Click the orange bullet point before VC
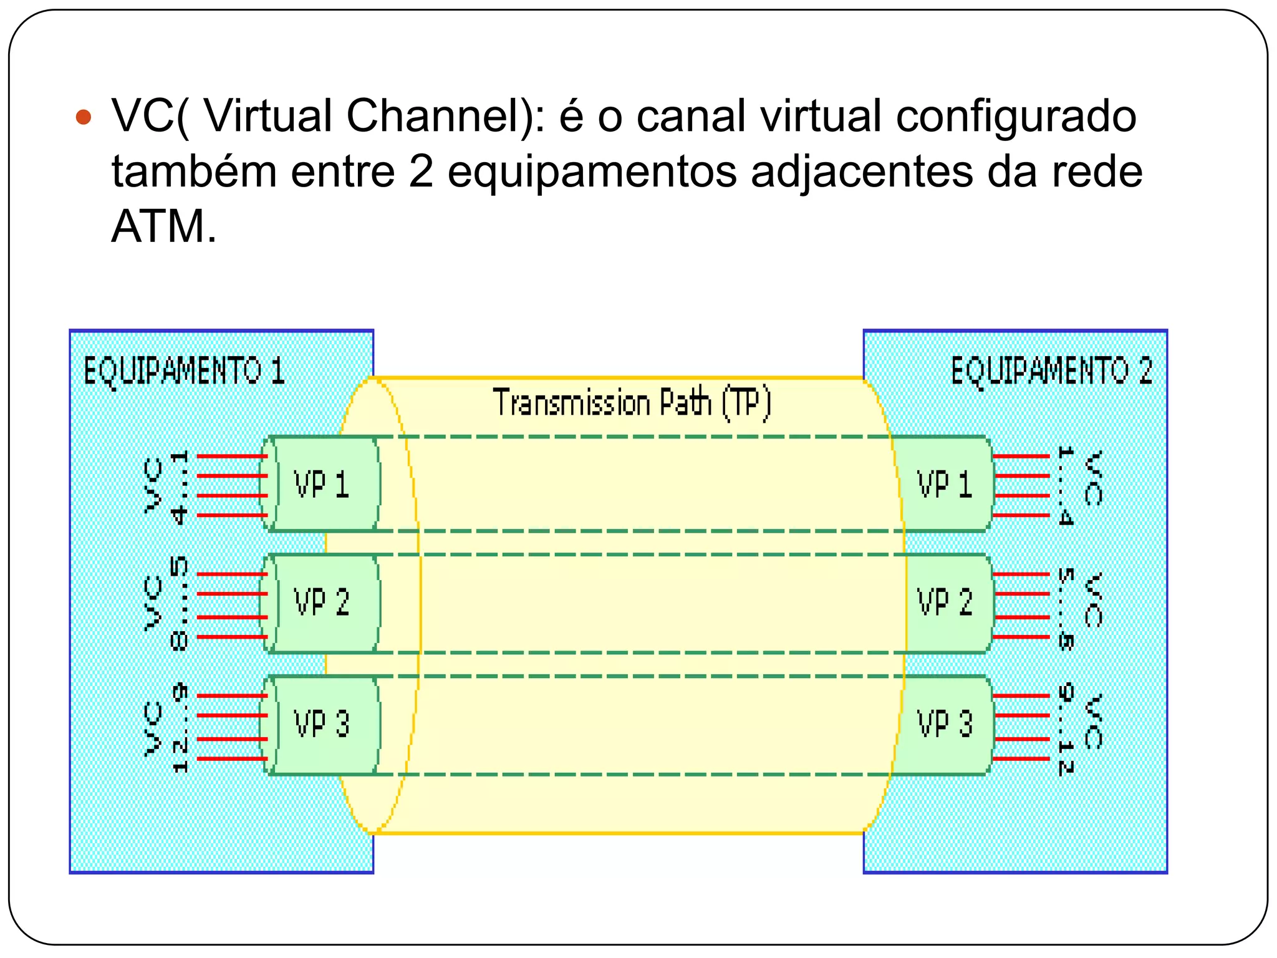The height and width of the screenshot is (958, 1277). pos(83,117)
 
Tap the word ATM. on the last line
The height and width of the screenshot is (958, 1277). pos(163,226)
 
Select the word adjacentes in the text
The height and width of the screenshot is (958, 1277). pos(861,172)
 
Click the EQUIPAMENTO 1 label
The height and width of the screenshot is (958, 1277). pos(184,372)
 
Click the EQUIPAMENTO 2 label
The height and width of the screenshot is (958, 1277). pos(1051,371)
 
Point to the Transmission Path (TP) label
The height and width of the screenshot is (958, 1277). pos(632,403)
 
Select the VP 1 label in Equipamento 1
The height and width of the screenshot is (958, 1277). pos(321,485)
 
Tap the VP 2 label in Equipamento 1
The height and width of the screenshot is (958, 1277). pos(321,602)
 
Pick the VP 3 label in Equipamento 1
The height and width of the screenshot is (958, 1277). pos(321,724)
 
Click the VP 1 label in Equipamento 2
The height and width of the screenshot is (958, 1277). pos(944,485)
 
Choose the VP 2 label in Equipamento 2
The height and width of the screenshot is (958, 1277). pos(944,602)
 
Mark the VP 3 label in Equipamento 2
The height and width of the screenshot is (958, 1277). pos(944,724)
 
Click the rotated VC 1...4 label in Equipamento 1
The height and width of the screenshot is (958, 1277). pos(165,486)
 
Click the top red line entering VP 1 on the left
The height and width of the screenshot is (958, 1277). pos(232,457)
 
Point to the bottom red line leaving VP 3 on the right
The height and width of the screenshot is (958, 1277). pos(1021,758)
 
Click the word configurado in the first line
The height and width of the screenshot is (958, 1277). pos(1016,116)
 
